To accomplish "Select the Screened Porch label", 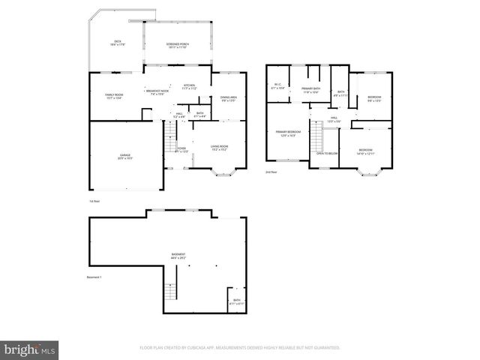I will click(x=177, y=45).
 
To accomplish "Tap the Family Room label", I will click(x=114, y=96).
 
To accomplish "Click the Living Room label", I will click(x=219, y=148).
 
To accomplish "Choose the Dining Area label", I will click(x=229, y=98).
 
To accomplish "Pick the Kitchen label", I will click(x=189, y=87).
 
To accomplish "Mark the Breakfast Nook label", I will click(x=157, y=92).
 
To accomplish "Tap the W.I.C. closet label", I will click(x=277, y=86).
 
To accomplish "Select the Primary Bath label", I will click(x=311, y=90).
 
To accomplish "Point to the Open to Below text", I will click(x=327, y=153).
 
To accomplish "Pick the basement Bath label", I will click(x=237, y=301).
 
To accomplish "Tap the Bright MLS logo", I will click(x=30, y=349).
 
